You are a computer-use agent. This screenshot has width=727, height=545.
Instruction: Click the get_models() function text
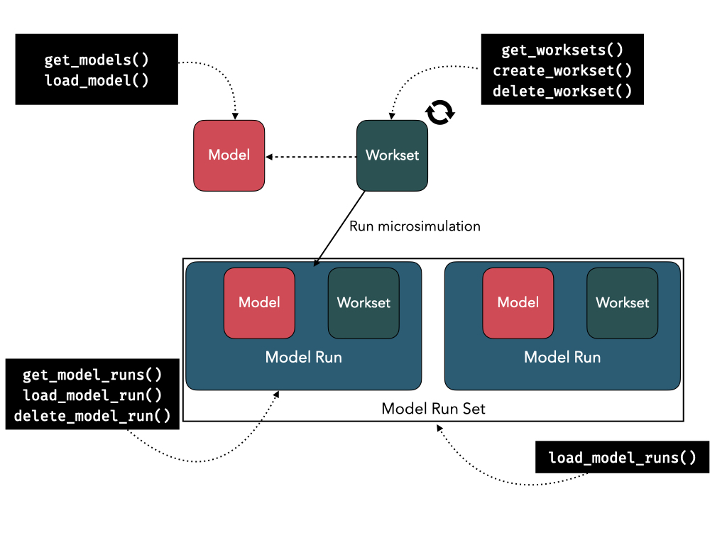click(97, 60)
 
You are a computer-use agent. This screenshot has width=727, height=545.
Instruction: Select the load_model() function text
click(97, 79)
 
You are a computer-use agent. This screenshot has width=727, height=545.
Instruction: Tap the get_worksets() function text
click(562, 50)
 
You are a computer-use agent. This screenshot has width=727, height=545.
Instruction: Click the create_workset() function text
click(562, 70)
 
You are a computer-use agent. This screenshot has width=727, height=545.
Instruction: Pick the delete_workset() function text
click(562, 90)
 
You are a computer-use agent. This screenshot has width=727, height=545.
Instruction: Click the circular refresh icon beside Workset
click(439, 112)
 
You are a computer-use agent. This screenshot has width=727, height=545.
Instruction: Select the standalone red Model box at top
click(229, 155)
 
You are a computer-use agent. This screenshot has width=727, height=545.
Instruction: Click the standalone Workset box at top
click(392, 155)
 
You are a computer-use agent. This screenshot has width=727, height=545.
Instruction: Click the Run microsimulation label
click(415, 226)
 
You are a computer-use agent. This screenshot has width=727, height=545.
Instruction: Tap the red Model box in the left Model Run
click(259, 303)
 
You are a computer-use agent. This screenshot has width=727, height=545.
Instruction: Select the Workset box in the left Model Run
click(363, 303)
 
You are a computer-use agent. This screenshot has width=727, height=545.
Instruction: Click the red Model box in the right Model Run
click(518, 303)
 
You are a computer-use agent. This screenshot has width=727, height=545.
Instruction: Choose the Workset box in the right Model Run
click(623, 303)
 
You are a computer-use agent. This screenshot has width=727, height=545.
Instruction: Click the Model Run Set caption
click(433, 409)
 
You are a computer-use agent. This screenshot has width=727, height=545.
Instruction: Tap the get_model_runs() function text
click(92, 375)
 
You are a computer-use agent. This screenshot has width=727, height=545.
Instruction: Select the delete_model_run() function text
click(92, 416)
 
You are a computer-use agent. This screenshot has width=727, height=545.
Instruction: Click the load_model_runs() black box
click(622, 458)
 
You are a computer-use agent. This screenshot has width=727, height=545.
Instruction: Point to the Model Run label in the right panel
click(562, 357)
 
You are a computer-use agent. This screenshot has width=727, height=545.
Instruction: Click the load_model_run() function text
click(92, 395)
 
